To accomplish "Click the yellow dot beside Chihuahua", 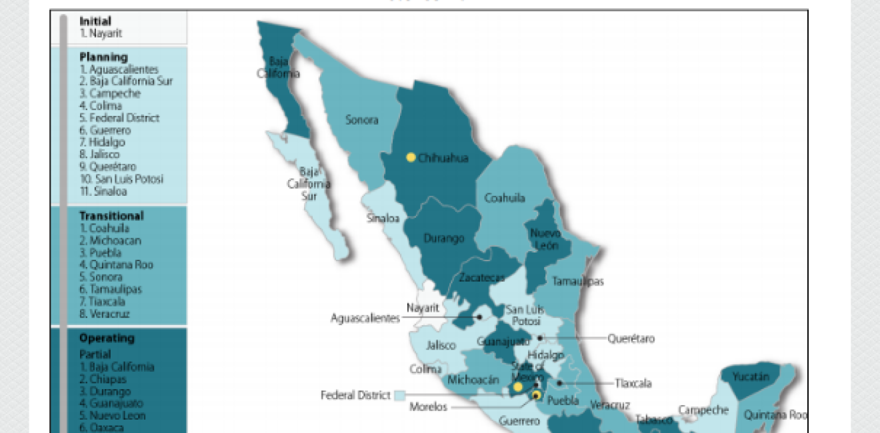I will tap(411, 158).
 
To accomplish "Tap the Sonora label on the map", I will tap(361, 120).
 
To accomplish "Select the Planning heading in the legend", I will tap(103, 57).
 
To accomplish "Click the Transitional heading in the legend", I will tap(111, 216).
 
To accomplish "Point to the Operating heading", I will tap(107, 338).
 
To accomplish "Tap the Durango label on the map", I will tap(443, 238).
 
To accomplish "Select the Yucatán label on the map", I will tap(751, 377).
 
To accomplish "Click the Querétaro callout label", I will tap(631, 338).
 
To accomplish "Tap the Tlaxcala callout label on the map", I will tap(633, 383).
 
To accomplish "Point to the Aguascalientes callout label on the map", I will tap(365, 318).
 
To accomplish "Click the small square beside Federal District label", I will tap(399, 395).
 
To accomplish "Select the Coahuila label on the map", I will tap(504, 198).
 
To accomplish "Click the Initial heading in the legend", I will tap(95, 21).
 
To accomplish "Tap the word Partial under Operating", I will tap(95, 354).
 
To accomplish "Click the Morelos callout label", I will tap(428, 407).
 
